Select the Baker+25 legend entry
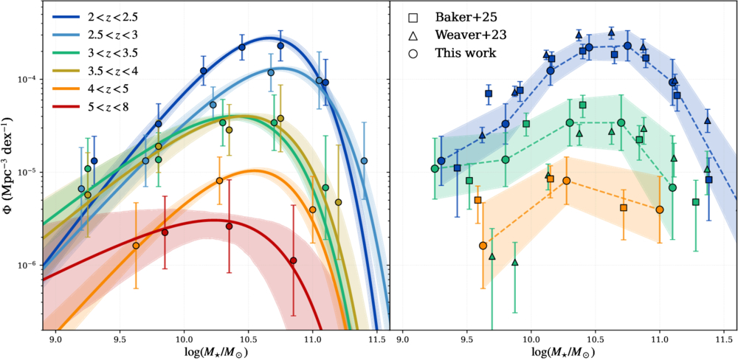click(458, 16)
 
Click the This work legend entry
click(457, 53)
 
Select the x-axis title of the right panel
click(563, 352)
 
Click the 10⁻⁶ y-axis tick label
click(26, 266)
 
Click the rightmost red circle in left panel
click(293, 260)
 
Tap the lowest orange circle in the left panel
click(136, 246)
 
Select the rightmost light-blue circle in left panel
click(364, 161)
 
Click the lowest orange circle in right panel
click(483, 246)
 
